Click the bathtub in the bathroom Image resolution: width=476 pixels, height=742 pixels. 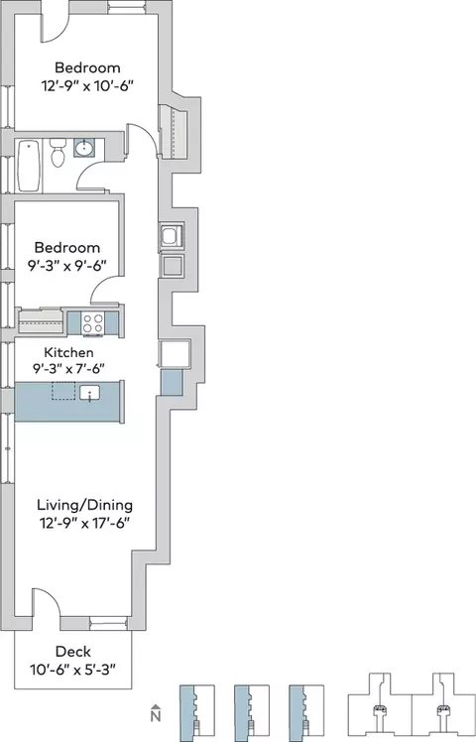tap(29, 166)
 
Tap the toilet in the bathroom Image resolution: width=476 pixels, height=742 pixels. tap(58, 153)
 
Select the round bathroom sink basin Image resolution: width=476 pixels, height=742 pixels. tap(84, 148)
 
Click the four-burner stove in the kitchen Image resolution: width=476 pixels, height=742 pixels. tap(92, 323)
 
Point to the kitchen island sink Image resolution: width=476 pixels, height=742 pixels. tap(89, 393)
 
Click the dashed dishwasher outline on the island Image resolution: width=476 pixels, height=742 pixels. tap(63, 391)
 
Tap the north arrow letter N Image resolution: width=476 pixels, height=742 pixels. tap(156, 716)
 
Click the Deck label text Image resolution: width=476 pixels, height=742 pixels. tap(72, 652)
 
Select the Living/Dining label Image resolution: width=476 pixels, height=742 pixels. tap(84, 505)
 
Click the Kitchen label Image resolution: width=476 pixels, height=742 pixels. tap(68, 352)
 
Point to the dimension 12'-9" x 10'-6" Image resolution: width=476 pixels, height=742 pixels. tap(87, 86)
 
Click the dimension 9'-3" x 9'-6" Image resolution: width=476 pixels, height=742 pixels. tap(66, 266)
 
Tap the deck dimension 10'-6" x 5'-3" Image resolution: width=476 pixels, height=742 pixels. tap(72, 670)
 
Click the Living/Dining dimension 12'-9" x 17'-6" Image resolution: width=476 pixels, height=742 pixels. tap(84, 523)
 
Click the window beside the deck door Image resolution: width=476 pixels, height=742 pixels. tap(108, 623)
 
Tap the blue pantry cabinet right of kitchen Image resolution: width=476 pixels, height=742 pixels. tap(172, 382)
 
